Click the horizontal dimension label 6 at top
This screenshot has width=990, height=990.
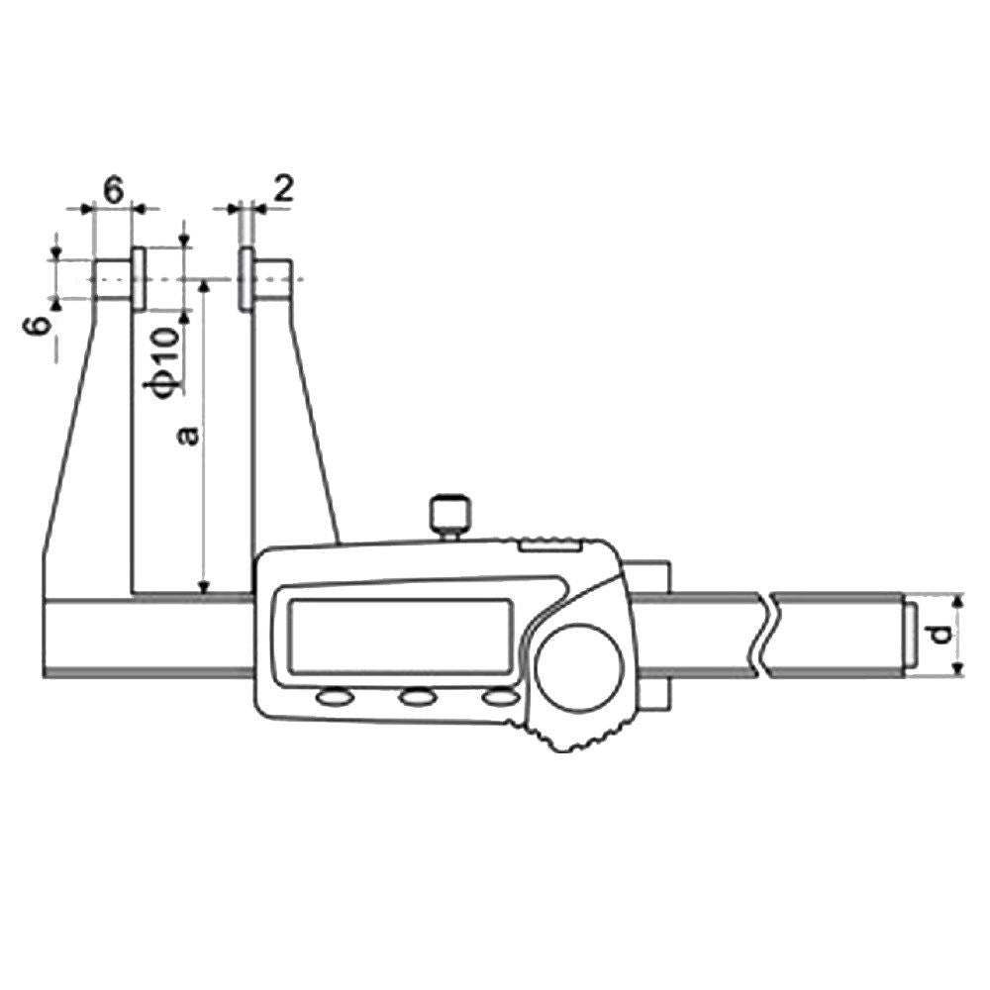tap(113, 190)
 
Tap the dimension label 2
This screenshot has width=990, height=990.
tap(285, 188)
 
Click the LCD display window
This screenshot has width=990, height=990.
tap(400, 636)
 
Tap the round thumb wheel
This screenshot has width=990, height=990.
tap(579, 667)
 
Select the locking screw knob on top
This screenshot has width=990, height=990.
tap(450, 516)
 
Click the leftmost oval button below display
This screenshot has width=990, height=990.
tap(336, 697)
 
